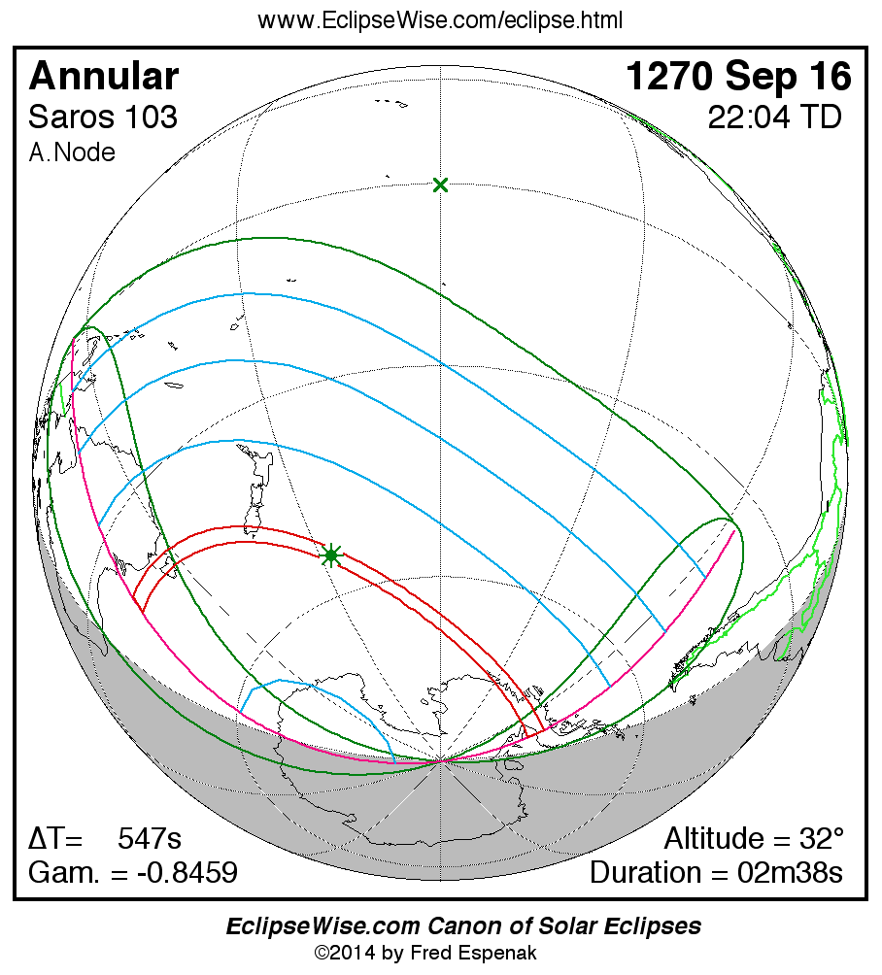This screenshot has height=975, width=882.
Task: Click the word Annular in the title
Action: pos(104,77)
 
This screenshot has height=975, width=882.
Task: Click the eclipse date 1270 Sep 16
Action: pos(738,77)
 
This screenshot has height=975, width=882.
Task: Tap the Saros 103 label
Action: pos(103,118)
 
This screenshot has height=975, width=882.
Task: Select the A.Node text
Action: pos(72,152)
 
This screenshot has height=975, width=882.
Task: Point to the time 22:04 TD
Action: pos(774,118)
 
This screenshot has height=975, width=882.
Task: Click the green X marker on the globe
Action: pos(441,185)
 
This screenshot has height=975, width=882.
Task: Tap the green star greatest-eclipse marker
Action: pos(331,555)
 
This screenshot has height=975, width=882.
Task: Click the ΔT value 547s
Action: pos(150,838)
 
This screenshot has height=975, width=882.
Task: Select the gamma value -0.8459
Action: pos(187,872)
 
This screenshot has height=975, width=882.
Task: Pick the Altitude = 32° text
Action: pos(754,838)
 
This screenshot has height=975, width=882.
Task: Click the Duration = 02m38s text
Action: pos(716,872)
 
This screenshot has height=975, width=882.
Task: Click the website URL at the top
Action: pos(440,19)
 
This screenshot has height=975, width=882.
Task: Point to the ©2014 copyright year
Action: pos(344,953)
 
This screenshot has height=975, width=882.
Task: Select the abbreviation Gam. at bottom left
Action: pos(62,872)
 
